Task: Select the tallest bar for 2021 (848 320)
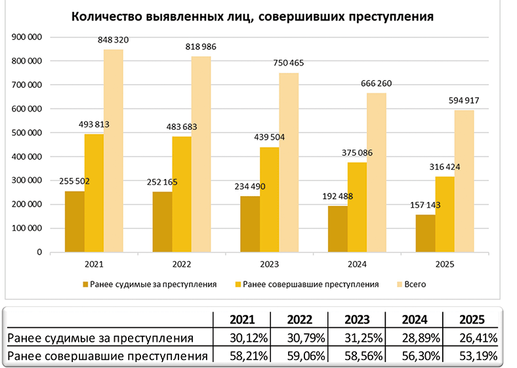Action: [x=114, y=151]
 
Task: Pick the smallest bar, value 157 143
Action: [x=424, y=234]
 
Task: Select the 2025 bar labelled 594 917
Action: [x=464, y=181]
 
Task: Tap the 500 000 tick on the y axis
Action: [x=28, y=133]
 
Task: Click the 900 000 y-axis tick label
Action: [x=28, y=37]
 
